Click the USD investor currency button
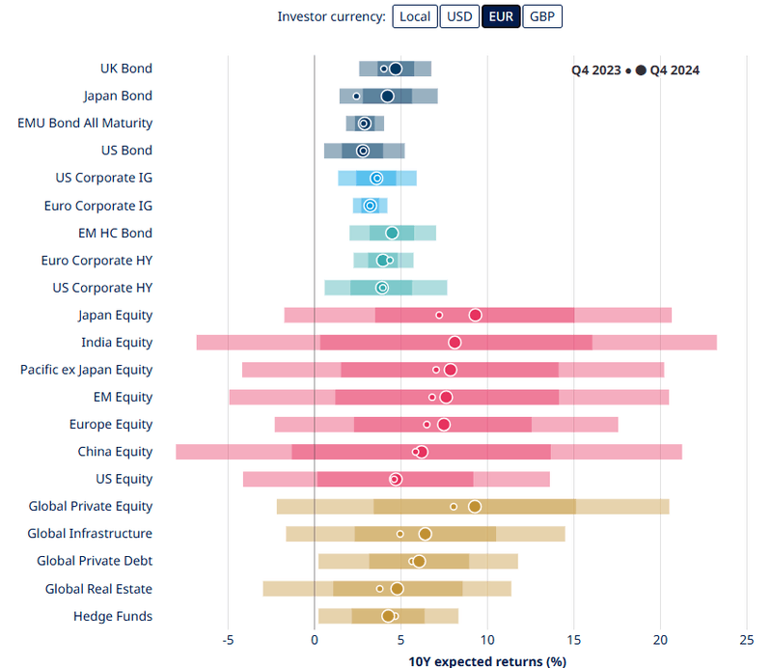click(x=459, y=16)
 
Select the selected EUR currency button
click(x=501, y=16)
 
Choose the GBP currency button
click(x=542, y=16)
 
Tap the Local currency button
click(x=415, y=16)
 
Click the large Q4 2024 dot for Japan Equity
click(x=476, y=315)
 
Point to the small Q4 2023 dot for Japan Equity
click(x=439, y=315)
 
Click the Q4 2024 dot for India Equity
click(x=455, y=342)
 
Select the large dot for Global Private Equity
click(x=475, y=506)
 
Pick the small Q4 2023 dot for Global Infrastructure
click(x=400, y=534)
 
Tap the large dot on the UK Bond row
click(x=396, y=69)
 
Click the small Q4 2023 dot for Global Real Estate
click(x=379, y=589)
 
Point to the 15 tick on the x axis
click(x=574, y=639)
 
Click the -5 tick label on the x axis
click(x=228, y=639)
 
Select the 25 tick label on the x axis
click(x=747, y=639)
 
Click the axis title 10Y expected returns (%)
click(x=487, y=661)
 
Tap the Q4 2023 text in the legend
click(x=596, y=70)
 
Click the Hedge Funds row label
click(x=113, y=616)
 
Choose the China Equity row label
click(x=115, y=452)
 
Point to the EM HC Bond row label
click(x=115, y=233)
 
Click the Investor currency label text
click(x=331, y=16)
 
